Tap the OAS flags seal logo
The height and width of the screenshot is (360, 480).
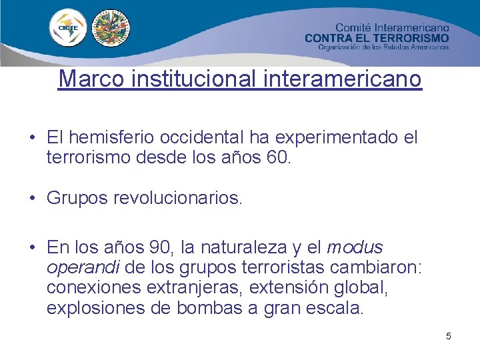(111, 29)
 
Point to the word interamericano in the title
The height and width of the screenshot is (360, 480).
(343, 79)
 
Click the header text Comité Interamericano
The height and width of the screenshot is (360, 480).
(391, 28)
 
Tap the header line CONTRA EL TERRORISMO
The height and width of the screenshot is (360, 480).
(377, 38)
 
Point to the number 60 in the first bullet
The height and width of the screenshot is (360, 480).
(279, 159)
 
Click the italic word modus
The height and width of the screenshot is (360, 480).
(355, 247)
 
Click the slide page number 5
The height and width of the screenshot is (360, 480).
(449, 336)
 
